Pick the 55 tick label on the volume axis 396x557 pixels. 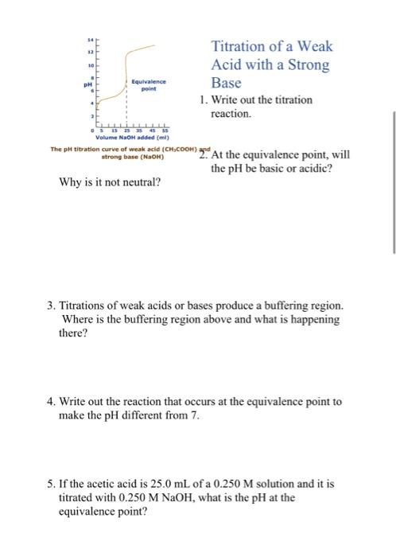[159, 132]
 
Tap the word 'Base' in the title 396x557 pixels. [226, 83]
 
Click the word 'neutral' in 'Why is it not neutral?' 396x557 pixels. [134, 183]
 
